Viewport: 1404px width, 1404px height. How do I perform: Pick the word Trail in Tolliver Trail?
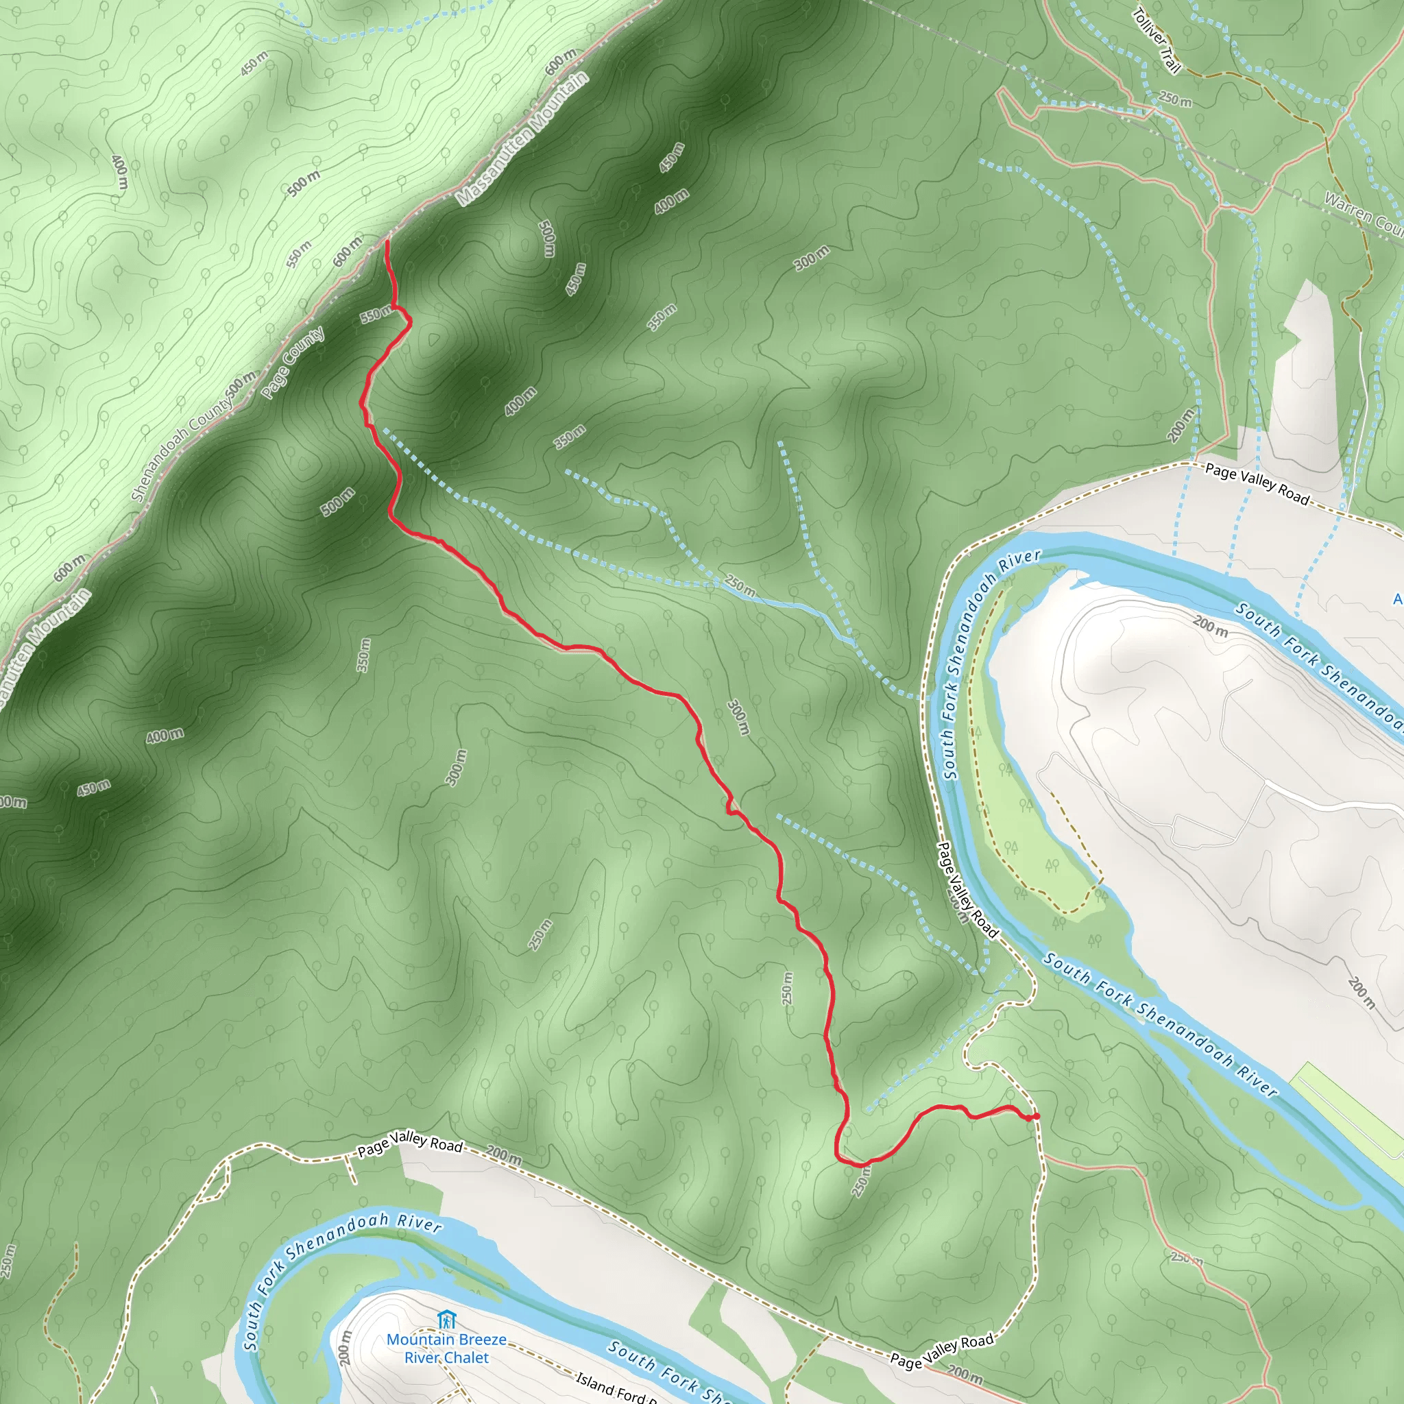[1170, 62]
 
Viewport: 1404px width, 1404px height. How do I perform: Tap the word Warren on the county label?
[1347, 208]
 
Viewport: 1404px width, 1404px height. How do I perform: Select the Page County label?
[293, 363]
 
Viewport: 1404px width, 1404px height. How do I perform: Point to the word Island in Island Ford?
[594, 1381]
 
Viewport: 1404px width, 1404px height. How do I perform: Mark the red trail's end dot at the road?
[1036, 1116]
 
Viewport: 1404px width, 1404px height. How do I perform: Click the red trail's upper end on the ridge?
[387, 242]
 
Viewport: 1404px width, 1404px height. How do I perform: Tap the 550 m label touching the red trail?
[375, 315]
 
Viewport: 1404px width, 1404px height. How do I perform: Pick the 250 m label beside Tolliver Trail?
[1175, 99]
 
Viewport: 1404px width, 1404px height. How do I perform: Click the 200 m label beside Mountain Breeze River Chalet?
[346, 1346]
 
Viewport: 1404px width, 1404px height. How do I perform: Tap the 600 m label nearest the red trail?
[348, 252]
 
